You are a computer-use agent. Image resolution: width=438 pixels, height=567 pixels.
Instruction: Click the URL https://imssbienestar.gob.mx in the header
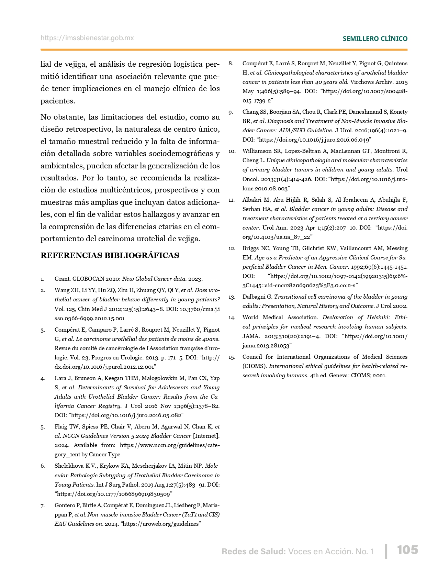click(x=87, y=38)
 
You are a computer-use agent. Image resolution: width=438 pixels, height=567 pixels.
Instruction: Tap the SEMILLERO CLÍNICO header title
click(x=375, y=39)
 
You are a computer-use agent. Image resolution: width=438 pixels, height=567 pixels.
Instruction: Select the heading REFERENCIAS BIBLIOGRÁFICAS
click(x=110, y=255)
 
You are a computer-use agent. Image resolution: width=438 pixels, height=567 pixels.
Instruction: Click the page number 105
click(x=408, y=550)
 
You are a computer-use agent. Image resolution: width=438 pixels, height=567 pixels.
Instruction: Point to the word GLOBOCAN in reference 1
click(x=88, y=279)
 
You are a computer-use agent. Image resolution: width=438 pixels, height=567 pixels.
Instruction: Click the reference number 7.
click(x=43, y=505)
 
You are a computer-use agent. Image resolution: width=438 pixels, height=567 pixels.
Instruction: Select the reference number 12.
click(x=232, y=248)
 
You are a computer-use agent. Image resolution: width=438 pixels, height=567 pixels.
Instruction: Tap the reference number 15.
click(x=232, y=357)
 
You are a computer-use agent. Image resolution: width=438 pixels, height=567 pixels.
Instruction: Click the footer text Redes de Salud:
click(x=254, y=552)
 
